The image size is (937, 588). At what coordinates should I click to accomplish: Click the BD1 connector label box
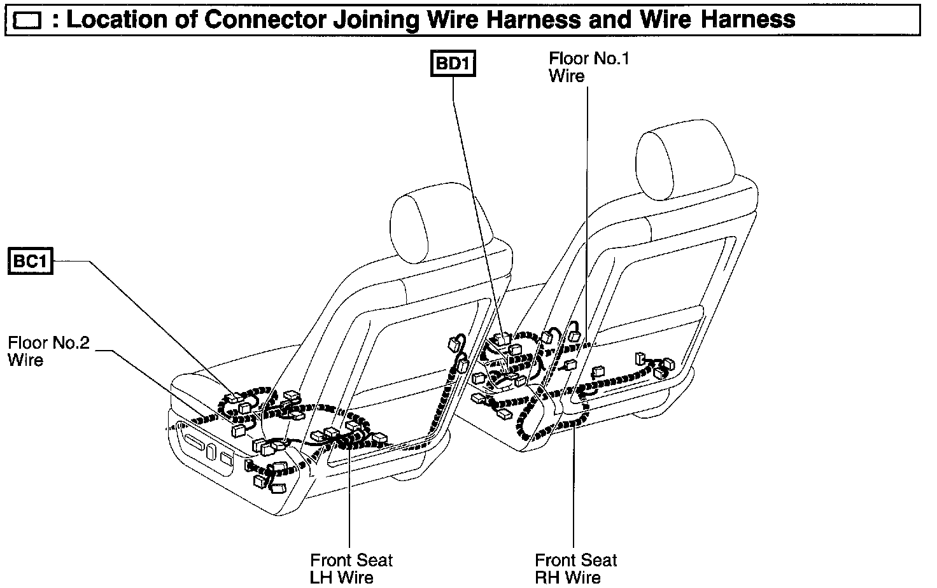[x=453, y=64]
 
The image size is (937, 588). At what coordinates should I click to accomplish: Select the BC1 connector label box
[x=30, y=262]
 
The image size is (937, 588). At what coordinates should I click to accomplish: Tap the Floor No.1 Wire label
[x=589, y=67]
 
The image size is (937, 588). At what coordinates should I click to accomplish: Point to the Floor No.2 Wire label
[x=48, y=351]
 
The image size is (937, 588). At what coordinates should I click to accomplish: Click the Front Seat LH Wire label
[x=351, y=568]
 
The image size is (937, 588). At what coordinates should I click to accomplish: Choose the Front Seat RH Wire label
[x=575, y=568]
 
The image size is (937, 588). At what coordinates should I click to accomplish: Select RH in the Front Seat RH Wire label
[x=548, y=577]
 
